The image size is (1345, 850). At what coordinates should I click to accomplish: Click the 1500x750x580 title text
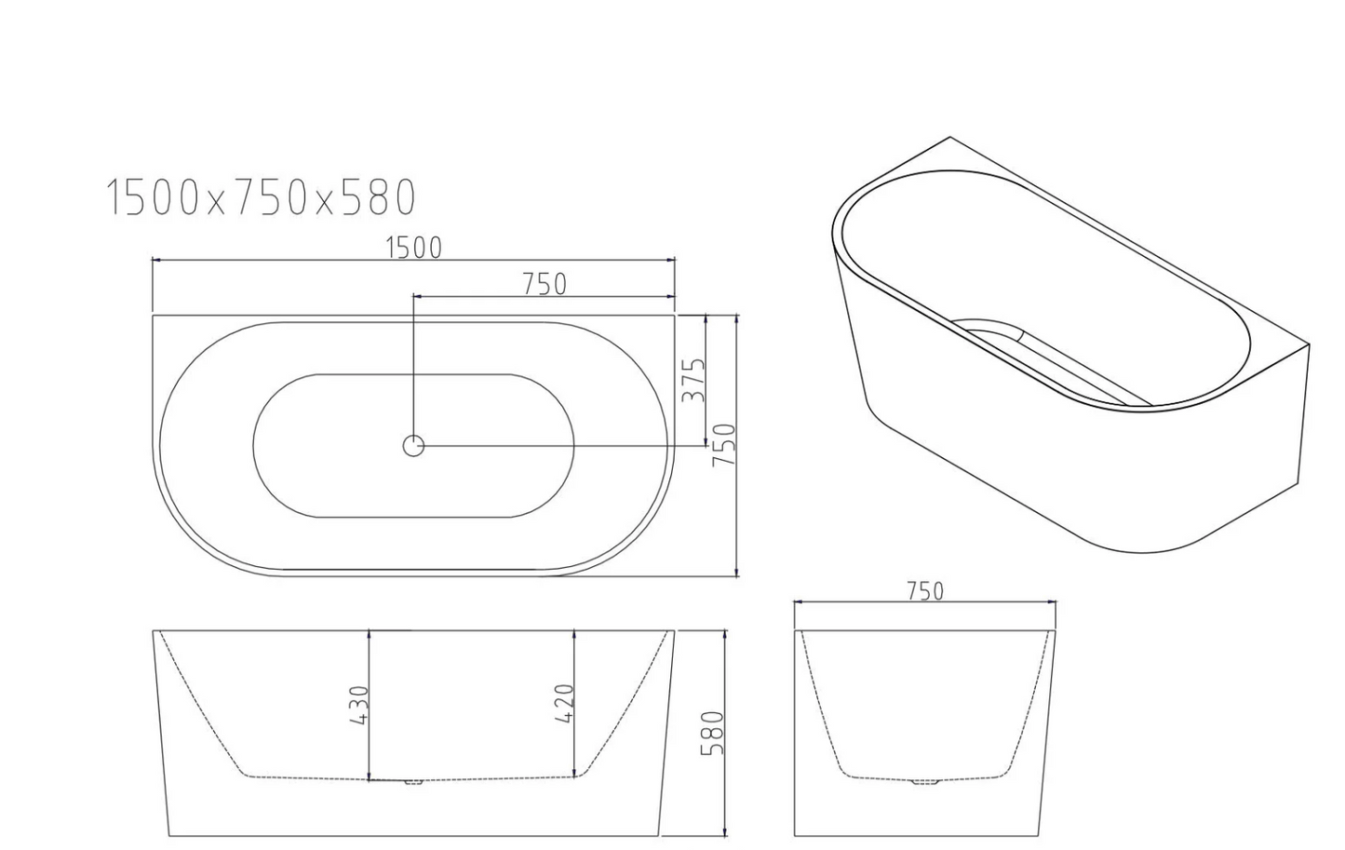pos(261,197)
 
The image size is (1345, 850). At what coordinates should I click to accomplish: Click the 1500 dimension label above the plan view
pos(413,248)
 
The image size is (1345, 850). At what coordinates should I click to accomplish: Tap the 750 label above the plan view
pos(544,284)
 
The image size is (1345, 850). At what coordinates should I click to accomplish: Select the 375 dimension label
pos(693,380)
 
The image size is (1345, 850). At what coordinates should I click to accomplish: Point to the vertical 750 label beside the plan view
pos(723,445)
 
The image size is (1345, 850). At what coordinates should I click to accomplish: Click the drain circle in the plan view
pos(413,446)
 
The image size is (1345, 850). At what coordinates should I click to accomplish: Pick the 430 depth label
pos(358,705)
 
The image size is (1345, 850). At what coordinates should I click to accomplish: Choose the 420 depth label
pos(565,704)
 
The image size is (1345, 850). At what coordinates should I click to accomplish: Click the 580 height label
pos(713,733)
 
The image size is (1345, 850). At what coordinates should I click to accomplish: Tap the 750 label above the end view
pos(925,592)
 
